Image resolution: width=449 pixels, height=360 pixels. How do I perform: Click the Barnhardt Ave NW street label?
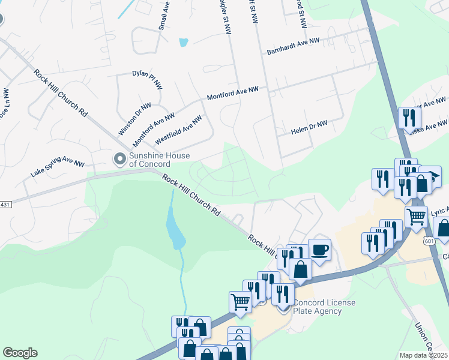(294, 47)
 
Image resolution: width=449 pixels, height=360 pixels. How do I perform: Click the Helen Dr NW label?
(309, 128)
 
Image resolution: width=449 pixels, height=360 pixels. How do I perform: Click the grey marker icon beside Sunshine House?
(119, 159)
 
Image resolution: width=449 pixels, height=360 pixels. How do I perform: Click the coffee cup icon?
(319, 248)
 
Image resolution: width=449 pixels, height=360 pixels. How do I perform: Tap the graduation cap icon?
(430, 176)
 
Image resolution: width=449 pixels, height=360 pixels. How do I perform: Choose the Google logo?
(20, 353)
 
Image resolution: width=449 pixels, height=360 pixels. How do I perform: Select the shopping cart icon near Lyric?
(415, 216)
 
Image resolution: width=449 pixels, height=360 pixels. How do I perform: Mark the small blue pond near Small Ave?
(183, 43)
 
